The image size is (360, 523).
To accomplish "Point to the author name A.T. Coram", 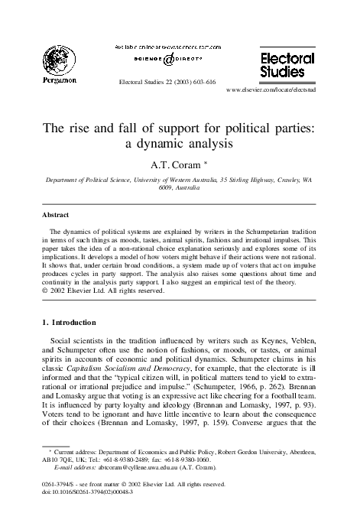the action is (179, 164).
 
